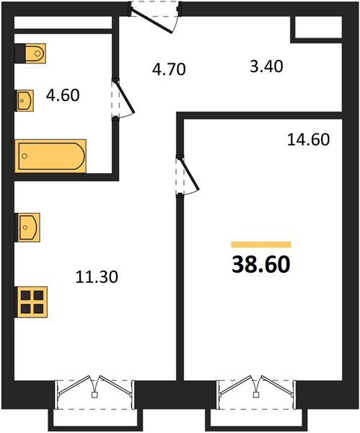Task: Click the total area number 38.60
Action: (x=261, y=265)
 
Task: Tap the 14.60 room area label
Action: (x=308, y=140)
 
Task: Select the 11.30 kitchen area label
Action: (x=97, y=277)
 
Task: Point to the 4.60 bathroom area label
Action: (x=63, y=95)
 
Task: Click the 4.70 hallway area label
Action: (x=169, y=69)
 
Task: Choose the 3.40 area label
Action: (x=266, y=66)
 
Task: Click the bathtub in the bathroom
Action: (x=51, y=156)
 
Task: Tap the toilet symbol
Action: (x=30, y=53)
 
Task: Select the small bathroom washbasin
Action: (x=25, y=100)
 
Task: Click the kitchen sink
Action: (x=27, y=227)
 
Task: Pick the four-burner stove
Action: (x=32, y=302)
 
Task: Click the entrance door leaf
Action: (x=152, y=21)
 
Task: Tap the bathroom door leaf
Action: (x=125, y=97)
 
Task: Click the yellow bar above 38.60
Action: (x=261, y=245)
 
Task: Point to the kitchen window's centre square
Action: (x=95, y=395)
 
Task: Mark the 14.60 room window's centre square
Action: (x=256, y=395)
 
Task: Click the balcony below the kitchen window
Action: (x=95, y=419)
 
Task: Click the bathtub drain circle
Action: (x=25, y=156)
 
